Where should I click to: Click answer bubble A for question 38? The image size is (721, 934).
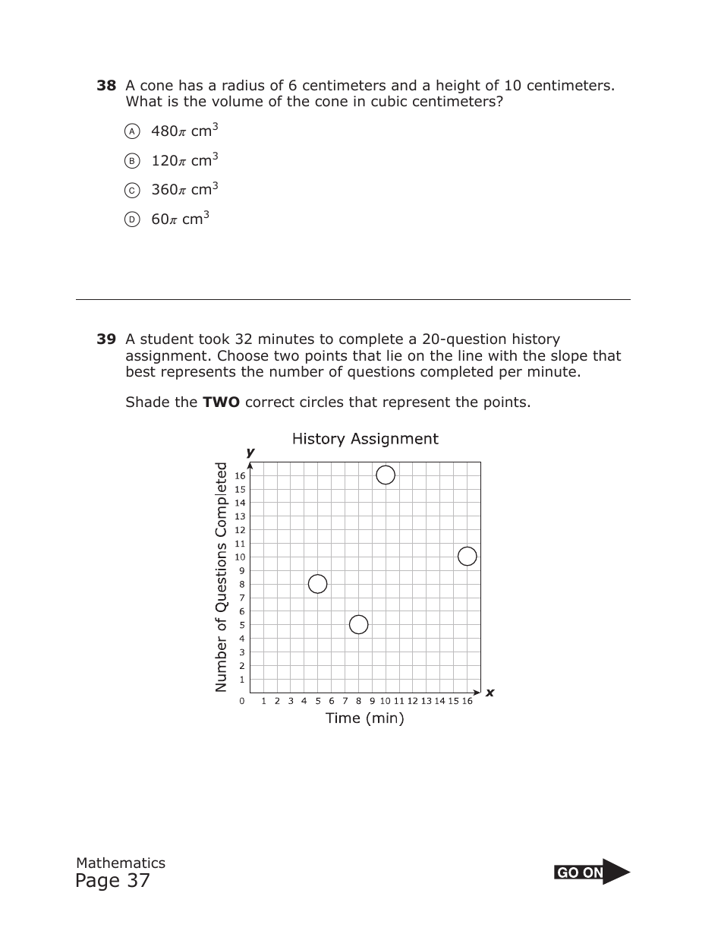132,131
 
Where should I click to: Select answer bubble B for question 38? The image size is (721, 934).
132,161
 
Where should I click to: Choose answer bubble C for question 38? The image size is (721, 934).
132,190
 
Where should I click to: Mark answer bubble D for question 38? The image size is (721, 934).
132,219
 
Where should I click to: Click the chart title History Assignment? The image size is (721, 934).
365,439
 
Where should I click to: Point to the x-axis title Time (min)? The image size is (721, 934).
365,718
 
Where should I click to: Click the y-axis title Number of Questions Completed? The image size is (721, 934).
222,577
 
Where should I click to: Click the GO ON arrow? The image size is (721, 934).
592,872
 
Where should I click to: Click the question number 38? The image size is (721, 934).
105,86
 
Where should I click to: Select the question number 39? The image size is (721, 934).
105,339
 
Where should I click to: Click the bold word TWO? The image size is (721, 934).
221,402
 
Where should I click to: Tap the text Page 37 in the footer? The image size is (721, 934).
112,881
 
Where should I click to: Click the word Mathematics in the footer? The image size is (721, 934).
121,863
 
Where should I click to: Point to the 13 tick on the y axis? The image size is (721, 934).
240,516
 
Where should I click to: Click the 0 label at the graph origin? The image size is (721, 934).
242,701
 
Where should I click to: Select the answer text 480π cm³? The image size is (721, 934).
184,131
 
